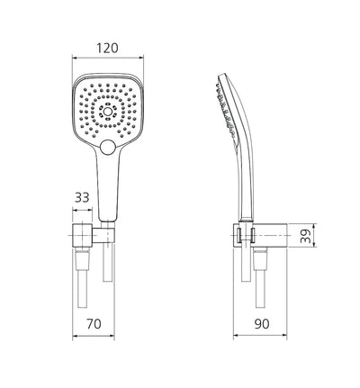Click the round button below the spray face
click(110, 147)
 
